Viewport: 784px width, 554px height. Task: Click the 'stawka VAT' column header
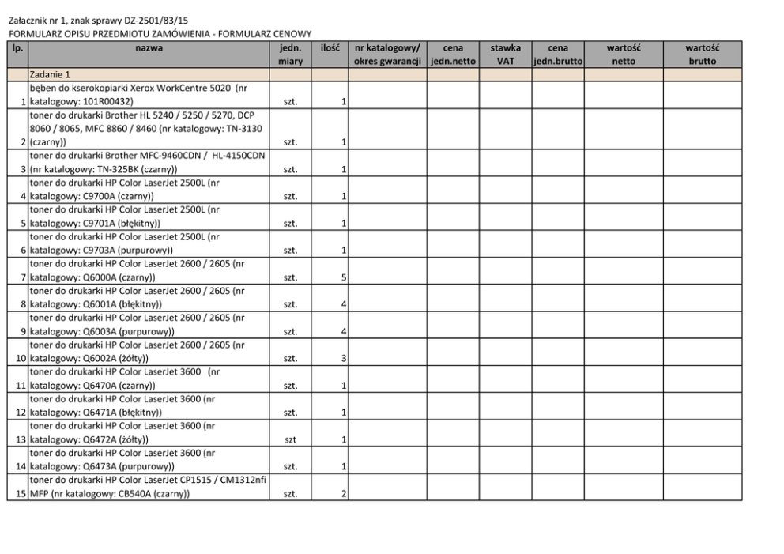pos(504,54)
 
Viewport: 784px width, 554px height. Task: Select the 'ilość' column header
pos(330,48)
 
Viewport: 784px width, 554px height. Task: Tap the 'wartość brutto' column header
pos(702,54)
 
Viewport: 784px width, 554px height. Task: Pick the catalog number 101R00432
pos(110,102)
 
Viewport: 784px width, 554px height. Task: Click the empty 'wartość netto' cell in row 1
pos(623,95)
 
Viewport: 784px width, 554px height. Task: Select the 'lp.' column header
pos(17,48)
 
